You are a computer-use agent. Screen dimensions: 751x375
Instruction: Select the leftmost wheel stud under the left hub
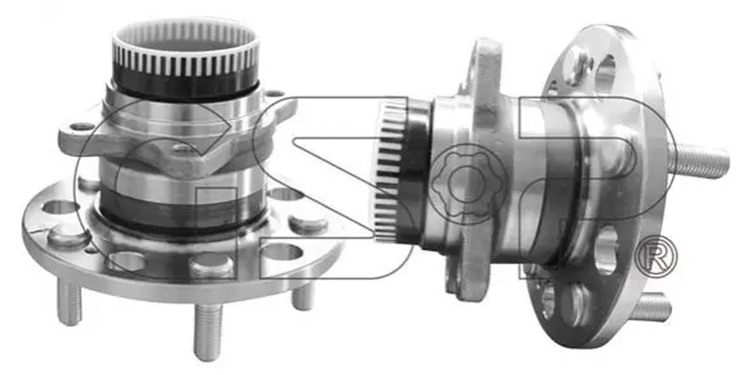click(69, 304)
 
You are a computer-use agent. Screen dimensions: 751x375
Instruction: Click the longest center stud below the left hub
click(208, 332)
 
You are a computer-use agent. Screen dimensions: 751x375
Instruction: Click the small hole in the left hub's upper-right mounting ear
click(275, 93)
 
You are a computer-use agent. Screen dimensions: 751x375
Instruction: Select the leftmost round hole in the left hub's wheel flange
click(58, 208)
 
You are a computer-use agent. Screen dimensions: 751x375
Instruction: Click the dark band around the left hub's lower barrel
click(183, 209)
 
